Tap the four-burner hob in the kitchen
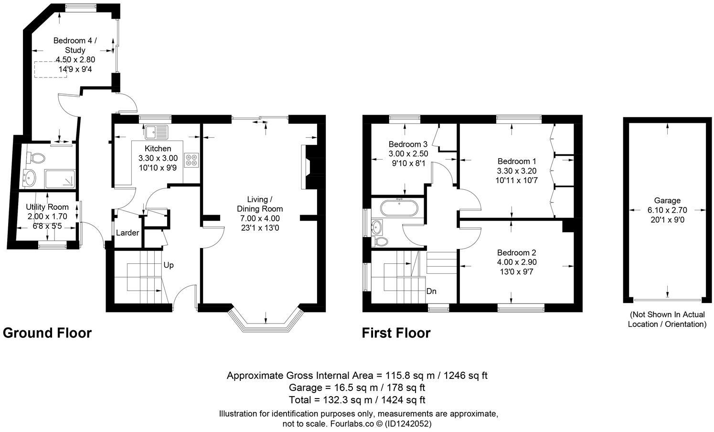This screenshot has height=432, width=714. tap(192, 160)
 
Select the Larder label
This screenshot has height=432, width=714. tap(128, 233)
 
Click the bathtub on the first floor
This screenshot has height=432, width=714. tap(399, 209)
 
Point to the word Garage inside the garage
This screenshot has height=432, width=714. tap(667, 201)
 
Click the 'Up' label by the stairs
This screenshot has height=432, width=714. tap(169, 265)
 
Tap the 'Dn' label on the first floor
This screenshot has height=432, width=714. tap(431, 291)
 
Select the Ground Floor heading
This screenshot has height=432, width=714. tap(47, 333)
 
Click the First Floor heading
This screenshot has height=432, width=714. tap(396, 333)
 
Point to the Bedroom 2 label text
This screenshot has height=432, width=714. tap(516, 253)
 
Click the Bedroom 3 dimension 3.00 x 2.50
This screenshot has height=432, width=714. tap(408, 154)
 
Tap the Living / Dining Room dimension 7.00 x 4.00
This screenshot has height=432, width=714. tap(260, 218)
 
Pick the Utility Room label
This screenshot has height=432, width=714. tap(47, 207)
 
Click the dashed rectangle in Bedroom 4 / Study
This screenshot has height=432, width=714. tap(51, 69)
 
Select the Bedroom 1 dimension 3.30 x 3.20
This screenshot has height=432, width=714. tap(516, 171)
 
